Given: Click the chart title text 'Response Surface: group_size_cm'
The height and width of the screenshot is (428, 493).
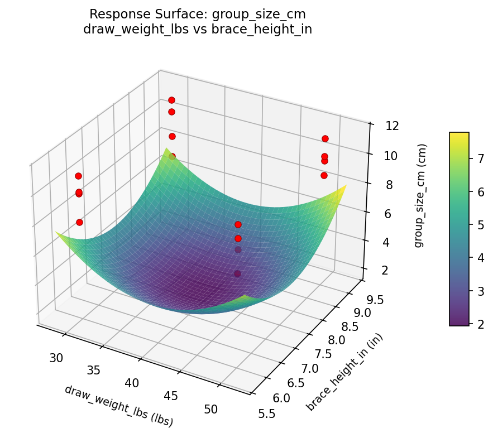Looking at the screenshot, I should point(197,14).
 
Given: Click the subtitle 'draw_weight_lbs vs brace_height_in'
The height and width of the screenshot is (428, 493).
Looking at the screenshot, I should point(197,30).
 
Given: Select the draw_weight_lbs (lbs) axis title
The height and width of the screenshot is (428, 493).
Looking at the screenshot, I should point(119,406).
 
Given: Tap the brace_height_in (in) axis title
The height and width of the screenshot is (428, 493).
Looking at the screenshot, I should point(345,372).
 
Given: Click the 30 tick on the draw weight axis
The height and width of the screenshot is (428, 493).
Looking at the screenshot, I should point(56,358).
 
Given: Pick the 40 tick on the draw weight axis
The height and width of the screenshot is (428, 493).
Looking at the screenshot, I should point(132,383).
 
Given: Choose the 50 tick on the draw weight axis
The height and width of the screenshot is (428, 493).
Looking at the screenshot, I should point(211,409).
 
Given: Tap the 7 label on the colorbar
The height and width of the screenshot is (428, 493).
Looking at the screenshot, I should point(478,159).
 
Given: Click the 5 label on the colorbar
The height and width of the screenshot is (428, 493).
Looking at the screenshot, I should point(478,225).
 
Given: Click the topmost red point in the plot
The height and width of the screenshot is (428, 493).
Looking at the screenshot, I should point(171,100).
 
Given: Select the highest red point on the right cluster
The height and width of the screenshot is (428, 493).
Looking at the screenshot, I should point(325,138).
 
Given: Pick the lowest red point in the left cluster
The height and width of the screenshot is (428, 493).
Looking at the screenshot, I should point(79,222).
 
